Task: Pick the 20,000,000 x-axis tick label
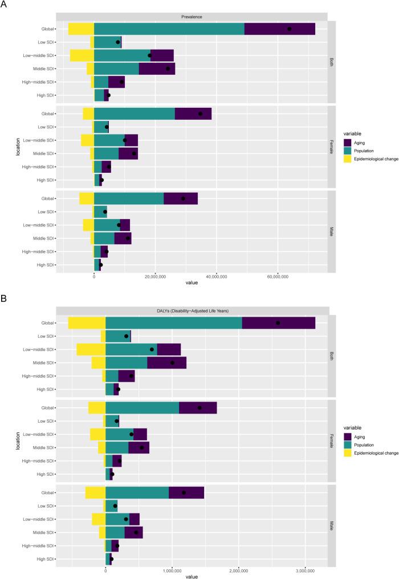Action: [x=155, y=276]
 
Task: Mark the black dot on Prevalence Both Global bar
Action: [x=289, y=29]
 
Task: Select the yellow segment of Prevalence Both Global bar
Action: [x=81, y=29]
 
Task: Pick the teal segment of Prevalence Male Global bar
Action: [x=129, y=199]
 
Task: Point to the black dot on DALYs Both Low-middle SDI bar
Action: [x=152, y=349]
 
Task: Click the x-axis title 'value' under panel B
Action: [x=192, y=576]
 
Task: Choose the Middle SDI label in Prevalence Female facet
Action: [x=43, y=153]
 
